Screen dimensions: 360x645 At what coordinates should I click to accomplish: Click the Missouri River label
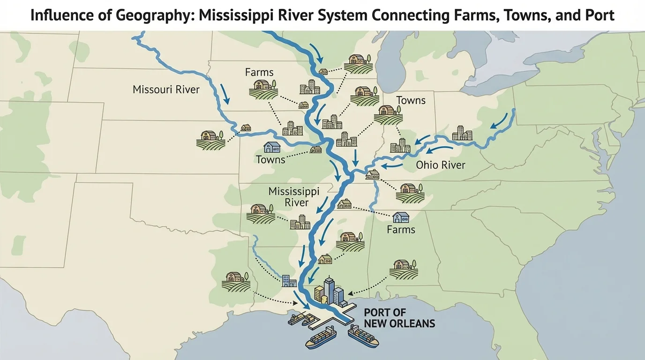(166, 89)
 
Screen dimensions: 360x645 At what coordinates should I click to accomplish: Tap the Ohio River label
(441, 165)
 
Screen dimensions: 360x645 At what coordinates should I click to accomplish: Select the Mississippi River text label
(294, 197)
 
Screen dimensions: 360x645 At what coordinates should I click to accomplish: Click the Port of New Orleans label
(399, 318)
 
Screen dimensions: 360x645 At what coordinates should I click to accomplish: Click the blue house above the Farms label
(401, 217)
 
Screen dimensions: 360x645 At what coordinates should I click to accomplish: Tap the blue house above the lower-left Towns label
(272, 147)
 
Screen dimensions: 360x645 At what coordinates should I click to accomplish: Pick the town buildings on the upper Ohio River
(462, 133)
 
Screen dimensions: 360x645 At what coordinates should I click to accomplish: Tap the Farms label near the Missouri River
(259, 72)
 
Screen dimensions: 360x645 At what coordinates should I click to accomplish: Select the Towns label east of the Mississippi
(411, 100)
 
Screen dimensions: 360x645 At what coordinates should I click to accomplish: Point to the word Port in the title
(600, 15)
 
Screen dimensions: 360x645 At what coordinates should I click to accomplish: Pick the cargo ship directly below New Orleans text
(364, 337)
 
